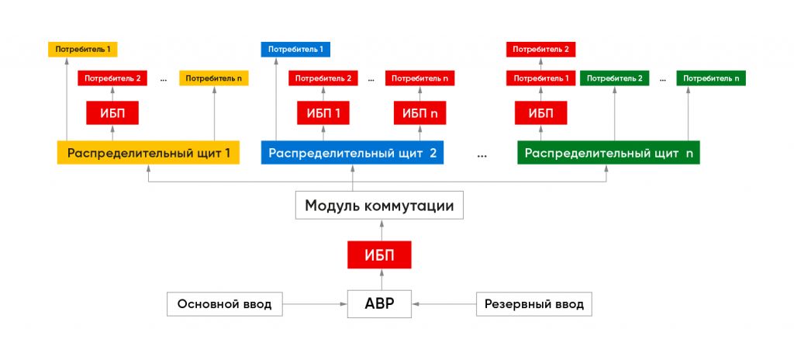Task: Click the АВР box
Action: (x=379, y=303)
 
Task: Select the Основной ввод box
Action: (x=224, y=304)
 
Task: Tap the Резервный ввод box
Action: (x=533, y=304)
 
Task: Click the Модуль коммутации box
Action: (x=379, y=206)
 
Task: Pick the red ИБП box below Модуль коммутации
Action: (x=379, y=254)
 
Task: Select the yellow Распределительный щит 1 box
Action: (x=148, y=153)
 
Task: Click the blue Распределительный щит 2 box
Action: (x=352, y=153)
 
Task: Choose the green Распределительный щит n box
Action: (x=609, y=153)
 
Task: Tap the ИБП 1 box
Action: (x=323, y=113)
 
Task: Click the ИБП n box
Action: (x=419, y=113)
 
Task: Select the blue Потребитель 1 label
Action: (x=295, y=49)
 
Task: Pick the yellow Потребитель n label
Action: (x=214, y=78)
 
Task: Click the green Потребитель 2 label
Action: (x=614, y=78)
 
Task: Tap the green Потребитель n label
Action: (x=711, y=78)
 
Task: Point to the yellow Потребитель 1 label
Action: (x=82, y=49)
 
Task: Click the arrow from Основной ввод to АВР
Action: (x=315, y=304)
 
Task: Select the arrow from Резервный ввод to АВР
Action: (x=444, y=304)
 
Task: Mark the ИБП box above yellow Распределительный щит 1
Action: (x=112, y=113)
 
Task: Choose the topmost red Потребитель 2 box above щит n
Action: (x=540, y=49)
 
